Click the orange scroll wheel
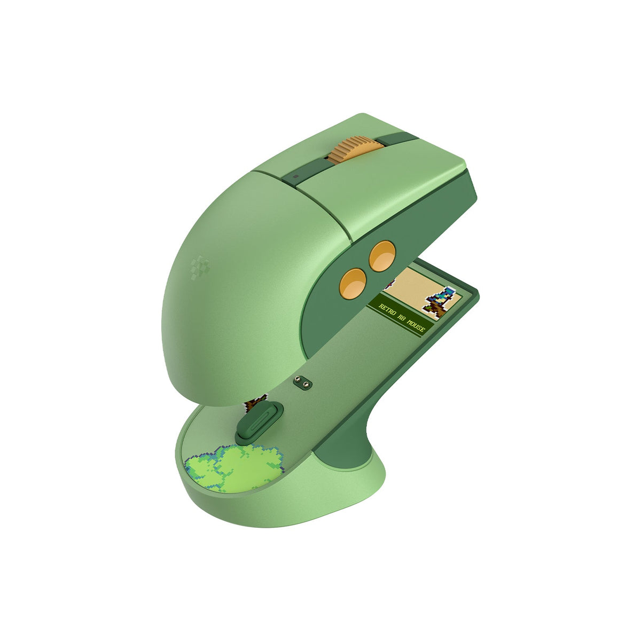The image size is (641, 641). click(x=354, y=150)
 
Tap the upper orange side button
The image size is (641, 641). click(x=382, y=256)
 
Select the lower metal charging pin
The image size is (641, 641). click(x=306, y=384)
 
